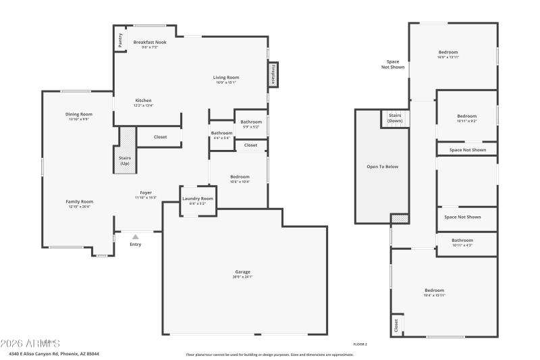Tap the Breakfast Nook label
(145, 42)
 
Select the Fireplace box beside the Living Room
(273, 74)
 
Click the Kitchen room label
(143, 101)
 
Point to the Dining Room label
(79, 114)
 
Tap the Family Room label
(79, 201)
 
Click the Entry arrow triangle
(136, 236)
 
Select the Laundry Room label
(198, 199)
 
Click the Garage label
(242, 272)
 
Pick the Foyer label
(146, 192)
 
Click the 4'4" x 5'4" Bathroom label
(221, 133)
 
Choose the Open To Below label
(382, 166)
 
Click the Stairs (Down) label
(395, 118)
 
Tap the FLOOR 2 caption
(360, 344)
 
